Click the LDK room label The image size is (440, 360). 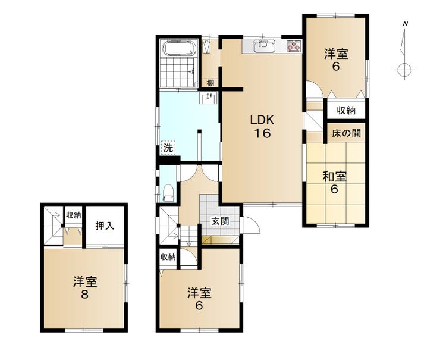(262, 120)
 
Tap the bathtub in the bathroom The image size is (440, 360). (180, 48)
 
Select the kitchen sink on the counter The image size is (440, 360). (264, 46)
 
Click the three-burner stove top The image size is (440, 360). (294, 46)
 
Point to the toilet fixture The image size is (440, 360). (169, 192)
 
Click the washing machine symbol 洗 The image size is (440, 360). (168, 147)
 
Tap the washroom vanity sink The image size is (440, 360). (208, 98)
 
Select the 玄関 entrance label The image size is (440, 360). (220, 221)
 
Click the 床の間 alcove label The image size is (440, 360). (346, 133)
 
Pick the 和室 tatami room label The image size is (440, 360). (334, 177)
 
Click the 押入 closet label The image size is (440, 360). (105, 226)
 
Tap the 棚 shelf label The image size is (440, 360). (210, 83)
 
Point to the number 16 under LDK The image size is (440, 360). (262, 133)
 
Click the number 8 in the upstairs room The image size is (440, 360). (85, 295)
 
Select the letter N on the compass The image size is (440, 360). (405, 24)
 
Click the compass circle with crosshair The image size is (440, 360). (404, 70)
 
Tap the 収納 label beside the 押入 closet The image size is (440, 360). (74, 215)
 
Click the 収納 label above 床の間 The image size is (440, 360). (346, 110)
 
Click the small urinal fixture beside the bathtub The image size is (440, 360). (207, 46)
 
